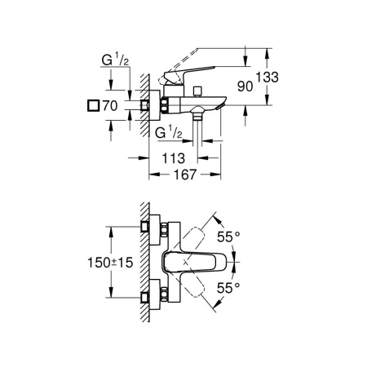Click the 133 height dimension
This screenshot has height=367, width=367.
click(268, 77)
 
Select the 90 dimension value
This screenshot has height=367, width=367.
click(245, 86)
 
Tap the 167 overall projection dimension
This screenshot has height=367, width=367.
click(185, 175)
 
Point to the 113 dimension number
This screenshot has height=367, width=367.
click(173, 158)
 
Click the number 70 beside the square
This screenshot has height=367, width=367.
click(110, 106)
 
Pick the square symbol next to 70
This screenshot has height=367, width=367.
click(93, 106)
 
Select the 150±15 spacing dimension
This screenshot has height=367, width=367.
click(110, 263)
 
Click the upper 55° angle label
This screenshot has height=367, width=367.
click(228, 237)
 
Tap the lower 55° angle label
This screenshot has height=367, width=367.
click(228, 288)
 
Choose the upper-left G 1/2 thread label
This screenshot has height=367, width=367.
click(115, 60)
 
